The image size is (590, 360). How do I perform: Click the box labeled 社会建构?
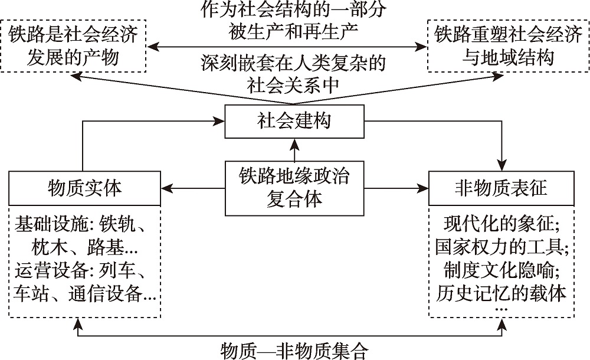[x=294, y=122]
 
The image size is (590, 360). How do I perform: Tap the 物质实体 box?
[x=83, y=188]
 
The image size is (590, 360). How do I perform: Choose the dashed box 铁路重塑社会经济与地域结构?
[x=508, y=46]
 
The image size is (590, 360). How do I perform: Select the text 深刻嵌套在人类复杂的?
[x=293, y=63]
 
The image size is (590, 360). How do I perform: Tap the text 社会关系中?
[x=293, y=84]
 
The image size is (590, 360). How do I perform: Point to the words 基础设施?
[x=40, y=225]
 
